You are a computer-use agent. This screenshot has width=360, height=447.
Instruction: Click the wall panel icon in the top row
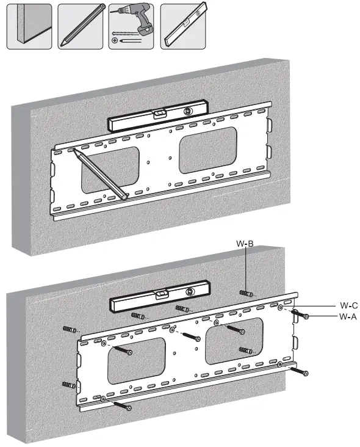[29, 26]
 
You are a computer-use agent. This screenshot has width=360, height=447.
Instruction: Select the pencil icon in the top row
[81, 26]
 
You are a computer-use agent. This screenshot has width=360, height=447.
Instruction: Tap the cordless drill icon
[131, 26]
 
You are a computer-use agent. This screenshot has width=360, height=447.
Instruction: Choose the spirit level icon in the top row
[183, 26]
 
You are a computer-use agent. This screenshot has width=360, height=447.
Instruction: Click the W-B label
[245, 244]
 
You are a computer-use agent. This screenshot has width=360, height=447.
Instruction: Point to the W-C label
[348, 305]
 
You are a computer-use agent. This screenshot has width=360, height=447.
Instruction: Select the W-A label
[348, 316]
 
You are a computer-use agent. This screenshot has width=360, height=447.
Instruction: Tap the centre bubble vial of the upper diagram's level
[160, 113]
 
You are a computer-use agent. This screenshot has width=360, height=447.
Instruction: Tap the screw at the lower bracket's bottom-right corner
[301, 371]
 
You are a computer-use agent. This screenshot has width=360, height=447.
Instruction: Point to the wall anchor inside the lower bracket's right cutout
[246, 351]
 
